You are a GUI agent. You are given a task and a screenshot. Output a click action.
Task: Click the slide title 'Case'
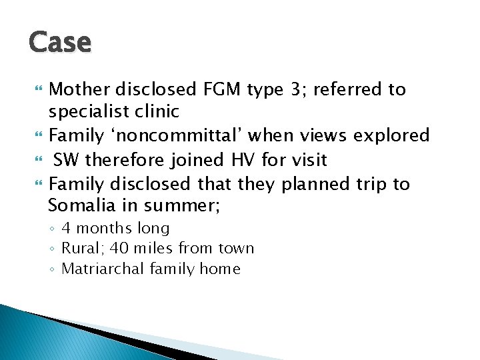point(60,42)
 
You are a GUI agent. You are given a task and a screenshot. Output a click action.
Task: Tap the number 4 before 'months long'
point(66,229)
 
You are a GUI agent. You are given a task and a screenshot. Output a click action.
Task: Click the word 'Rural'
point(79,249)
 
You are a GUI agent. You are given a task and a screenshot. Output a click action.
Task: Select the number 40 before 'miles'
point(119,249)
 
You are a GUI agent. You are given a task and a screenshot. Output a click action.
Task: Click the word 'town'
point(237,249)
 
